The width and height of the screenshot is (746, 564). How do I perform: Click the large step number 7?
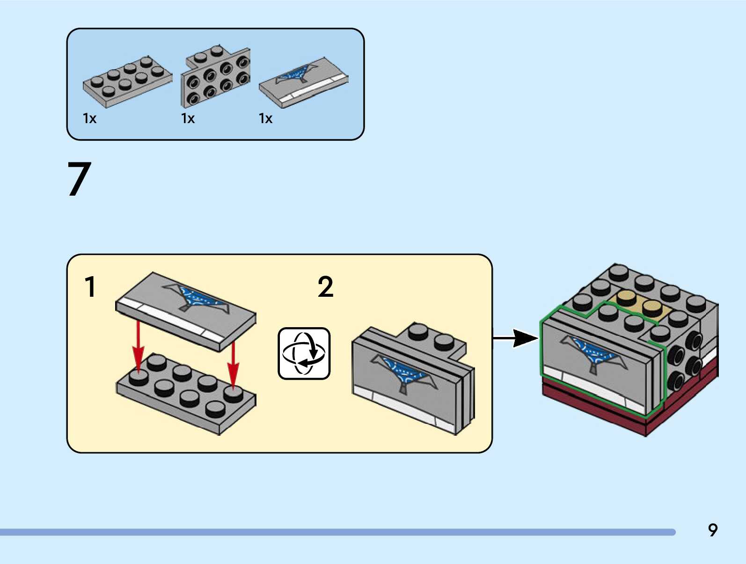pos(79,179)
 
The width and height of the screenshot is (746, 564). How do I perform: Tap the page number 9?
pos(712,530)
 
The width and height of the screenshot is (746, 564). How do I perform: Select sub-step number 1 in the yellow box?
pos(90,286)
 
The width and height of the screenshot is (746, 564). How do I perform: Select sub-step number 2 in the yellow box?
pos(325,286)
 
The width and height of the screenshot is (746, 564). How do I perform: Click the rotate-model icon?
pos(304,353)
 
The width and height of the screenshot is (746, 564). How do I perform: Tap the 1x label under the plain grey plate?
pos(89,118)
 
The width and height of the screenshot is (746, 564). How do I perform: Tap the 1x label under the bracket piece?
pos(188,118)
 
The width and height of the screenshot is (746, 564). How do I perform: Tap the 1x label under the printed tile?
pos(265,118)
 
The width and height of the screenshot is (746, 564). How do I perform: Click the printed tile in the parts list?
pos(303,82)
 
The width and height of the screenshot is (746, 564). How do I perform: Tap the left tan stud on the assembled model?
pos(627,298)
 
